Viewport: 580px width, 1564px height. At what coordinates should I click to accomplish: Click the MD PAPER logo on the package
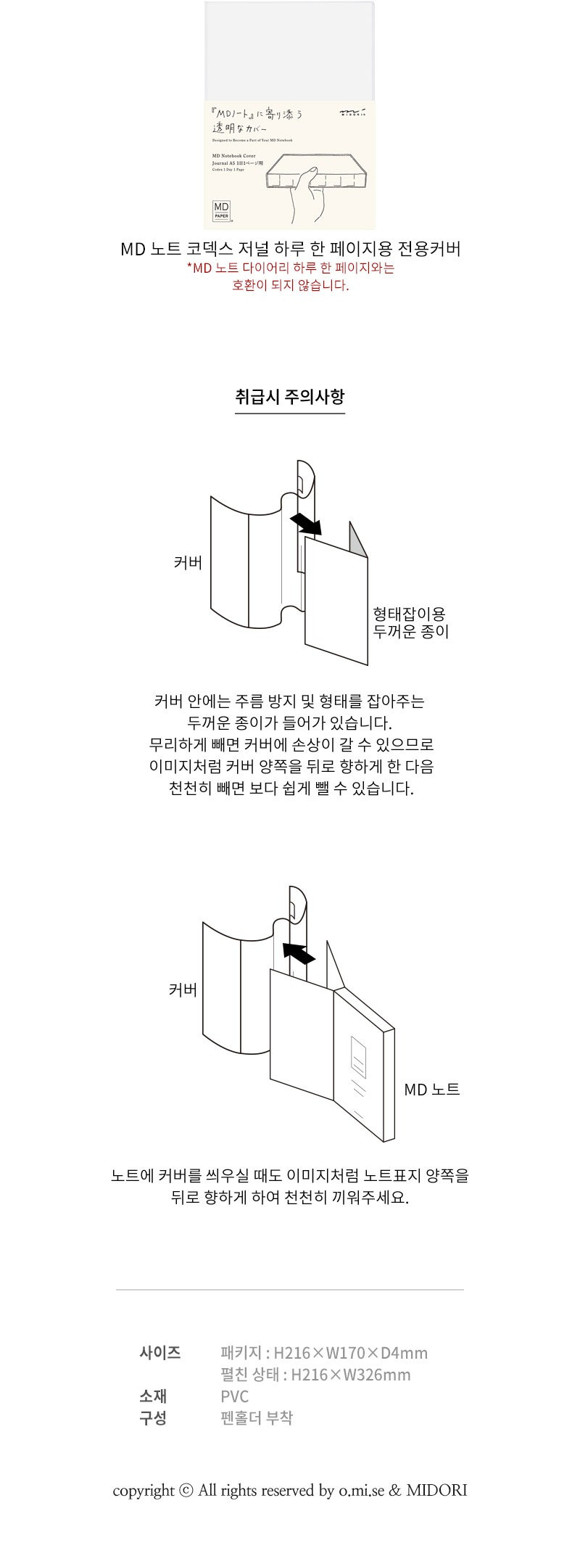pos(220,210)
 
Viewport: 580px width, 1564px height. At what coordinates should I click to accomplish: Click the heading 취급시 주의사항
pos(290,396)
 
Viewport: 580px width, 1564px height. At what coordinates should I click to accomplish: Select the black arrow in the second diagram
pos(298,953)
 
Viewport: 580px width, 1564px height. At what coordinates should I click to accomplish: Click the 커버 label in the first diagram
pos(188,562)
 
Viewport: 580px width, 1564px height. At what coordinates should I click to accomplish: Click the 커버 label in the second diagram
pos(183,990)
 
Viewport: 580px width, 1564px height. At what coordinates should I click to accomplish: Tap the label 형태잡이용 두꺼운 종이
pos(410,622)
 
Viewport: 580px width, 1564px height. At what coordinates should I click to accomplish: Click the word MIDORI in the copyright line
pos(436,1491)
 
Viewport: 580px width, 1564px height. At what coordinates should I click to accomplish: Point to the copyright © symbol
pos(186,1491)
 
